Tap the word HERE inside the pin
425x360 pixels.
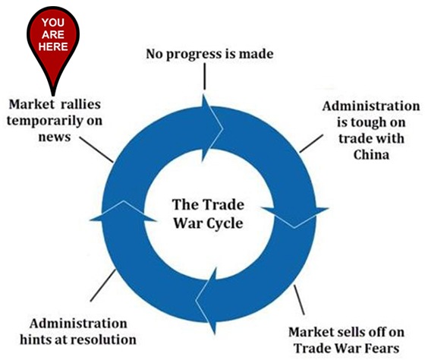click(x=53, y=46)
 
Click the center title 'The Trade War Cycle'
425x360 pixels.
click(x=208, y=214)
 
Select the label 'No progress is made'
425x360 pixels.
click(x=209, y=54)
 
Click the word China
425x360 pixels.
click(x=371, y=155)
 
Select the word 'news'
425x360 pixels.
click(x=55, y=137)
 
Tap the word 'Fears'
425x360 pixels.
click(x=383, y=348)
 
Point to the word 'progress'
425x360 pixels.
click(x=194, y=55)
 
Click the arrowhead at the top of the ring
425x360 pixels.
click(x=212, y=128)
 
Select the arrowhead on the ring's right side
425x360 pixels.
click(x=295, y=216)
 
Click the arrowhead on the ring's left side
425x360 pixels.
click(x=123, y=211)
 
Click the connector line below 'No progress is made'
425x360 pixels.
click(x=204, y=76)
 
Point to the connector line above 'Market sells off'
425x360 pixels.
click(x=299, y=300)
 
